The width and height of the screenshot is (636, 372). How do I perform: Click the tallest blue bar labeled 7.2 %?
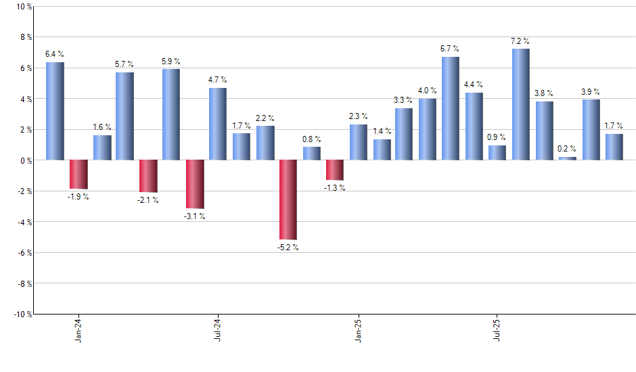[x=521, y=104]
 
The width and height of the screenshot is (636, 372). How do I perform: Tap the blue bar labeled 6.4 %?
[x=55, y=111]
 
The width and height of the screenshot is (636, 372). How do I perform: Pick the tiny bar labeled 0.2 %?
[x=568, y=158]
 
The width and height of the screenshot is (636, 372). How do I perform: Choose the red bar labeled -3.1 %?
[x=195, y=184]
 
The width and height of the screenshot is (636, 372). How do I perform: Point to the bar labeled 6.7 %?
[x=451, y=108]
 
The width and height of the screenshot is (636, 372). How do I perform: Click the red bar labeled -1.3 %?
[x=335, y=170]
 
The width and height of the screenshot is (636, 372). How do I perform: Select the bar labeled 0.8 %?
[x=312, y=154]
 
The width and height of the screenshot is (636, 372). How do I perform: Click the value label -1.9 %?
[x=78, y=197]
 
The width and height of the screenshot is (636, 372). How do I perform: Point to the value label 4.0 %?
[x=428, y=91]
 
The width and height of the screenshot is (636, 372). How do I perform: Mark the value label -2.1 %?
[x=148, y=200]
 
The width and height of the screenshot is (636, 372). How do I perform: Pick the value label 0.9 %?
[x=497, y=138]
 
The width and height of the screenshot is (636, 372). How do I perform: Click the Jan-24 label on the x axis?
[x=78, y=329]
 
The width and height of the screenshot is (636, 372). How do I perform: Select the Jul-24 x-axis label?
[x=218, y=329]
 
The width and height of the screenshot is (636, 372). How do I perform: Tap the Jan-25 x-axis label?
[x=358, y=329]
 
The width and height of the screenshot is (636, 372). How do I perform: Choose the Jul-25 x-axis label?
[x=497, y=329]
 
